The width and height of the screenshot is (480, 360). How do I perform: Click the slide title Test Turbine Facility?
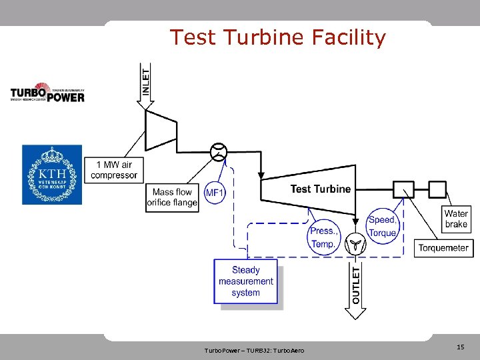click(x=277, y=37)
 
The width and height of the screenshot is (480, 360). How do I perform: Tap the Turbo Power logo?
click(x=47, y=92)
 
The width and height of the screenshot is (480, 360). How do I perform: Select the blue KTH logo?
click(x=52, y=174)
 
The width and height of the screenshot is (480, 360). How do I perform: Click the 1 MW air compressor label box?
click(x=114, y=170)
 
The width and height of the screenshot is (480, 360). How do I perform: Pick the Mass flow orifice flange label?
click(x=173, y=197)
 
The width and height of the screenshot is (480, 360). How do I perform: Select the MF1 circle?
click(x=215, y=193)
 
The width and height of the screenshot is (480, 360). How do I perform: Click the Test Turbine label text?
click(x=320, y=189)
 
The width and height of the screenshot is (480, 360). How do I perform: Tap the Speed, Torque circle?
click(x=382, y=227)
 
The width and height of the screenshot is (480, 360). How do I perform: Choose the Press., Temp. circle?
click(x=324, y=237)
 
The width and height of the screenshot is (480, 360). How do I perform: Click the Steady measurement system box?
click(x=245, y=281)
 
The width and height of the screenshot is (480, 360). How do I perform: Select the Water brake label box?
click(x=456, y=219)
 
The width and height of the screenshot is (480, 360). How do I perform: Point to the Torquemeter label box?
click(x=443, y=248)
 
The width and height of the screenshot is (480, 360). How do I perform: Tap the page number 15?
click(x=460, y=347)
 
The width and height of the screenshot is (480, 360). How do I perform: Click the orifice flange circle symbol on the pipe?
click(x=217, y=153)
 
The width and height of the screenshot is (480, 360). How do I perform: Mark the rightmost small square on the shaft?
click(x=437, y=189)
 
